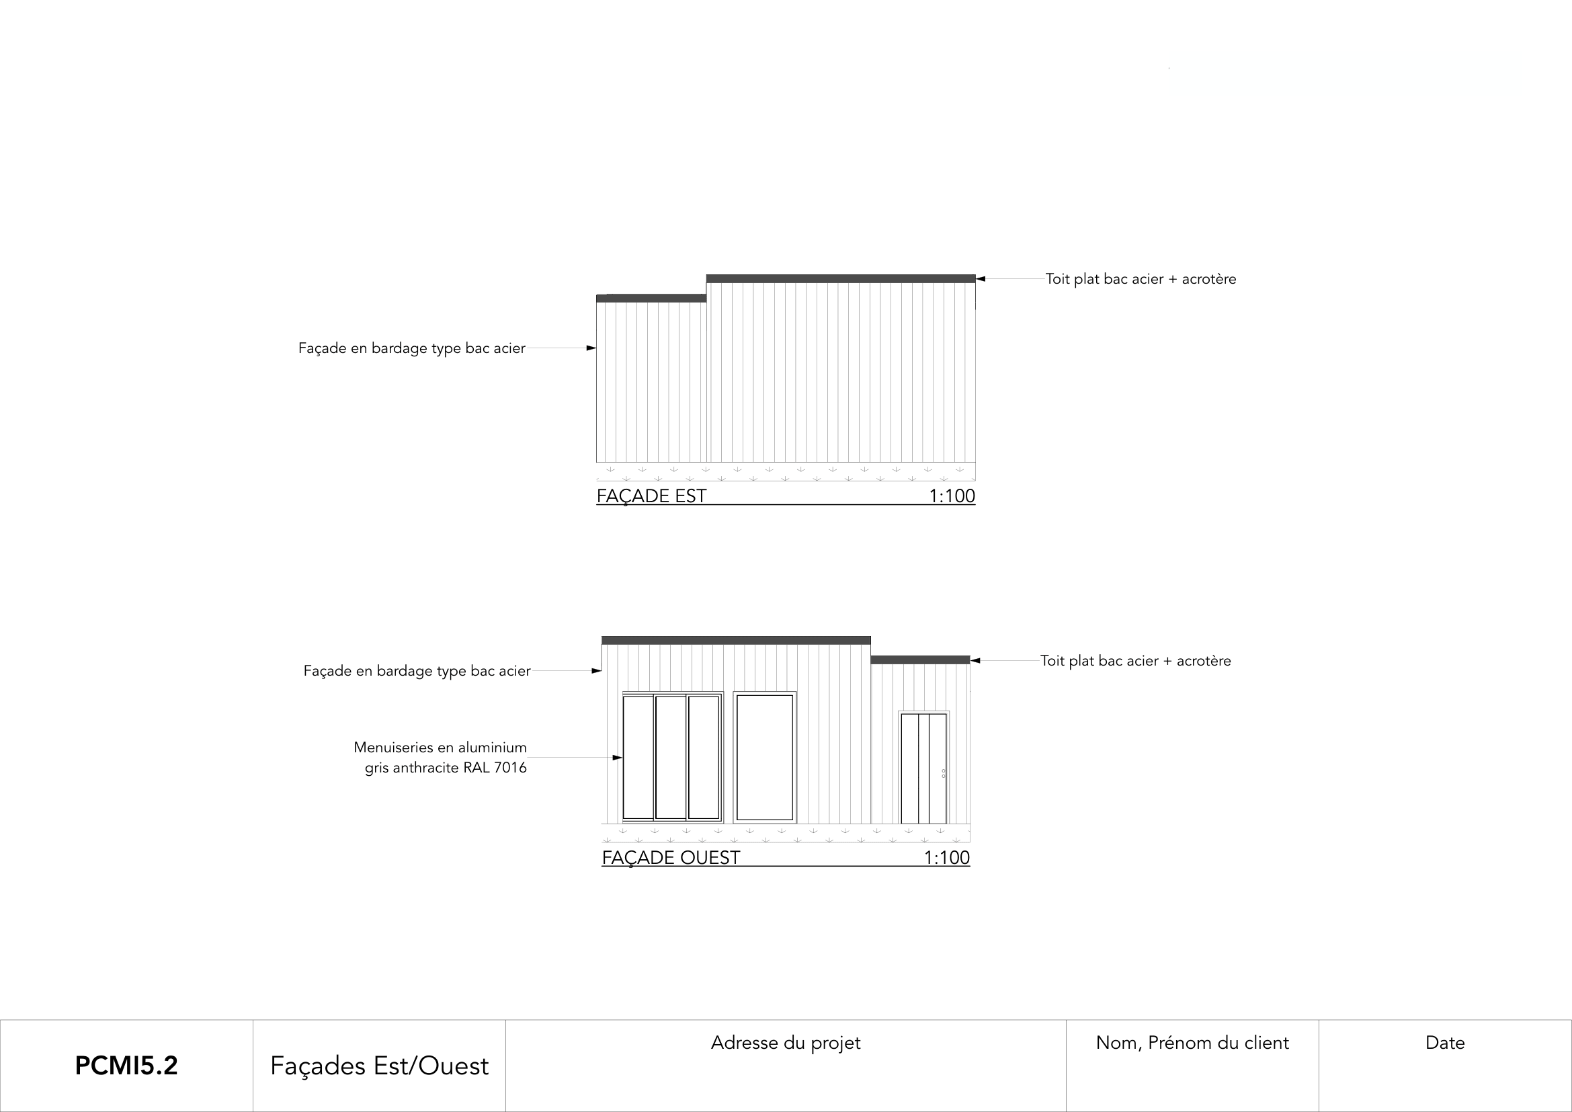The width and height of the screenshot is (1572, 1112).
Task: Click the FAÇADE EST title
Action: tap(651, 495)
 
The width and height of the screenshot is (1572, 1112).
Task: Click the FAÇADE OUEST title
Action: tap(670, 857)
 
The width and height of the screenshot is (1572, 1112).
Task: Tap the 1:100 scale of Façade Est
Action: tap(951, 495)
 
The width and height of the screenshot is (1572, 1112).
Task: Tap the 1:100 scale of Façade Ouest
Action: tap(946, 857)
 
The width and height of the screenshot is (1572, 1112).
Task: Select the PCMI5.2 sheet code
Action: tap(126, 1066)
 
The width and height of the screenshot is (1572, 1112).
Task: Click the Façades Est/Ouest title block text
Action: tap(379, 1066)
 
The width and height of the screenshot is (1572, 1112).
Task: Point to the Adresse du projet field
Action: tap(785, 1043)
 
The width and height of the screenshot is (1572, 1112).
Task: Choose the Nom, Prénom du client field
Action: tap(1192, 1043)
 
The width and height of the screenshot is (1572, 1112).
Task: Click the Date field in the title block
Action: tap(1445, 1043)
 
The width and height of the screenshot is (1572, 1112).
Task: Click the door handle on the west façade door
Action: tap(944, 774)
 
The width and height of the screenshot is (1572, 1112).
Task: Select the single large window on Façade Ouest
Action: tap(764, 757)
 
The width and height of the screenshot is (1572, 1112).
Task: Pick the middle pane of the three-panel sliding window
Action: tap(670, 757)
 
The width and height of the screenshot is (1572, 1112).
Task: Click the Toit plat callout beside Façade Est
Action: tap(1140, 279)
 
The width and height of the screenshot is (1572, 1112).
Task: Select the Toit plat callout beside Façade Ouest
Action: tap(1135, 661)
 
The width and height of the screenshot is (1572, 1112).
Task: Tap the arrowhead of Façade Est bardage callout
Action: tap(591, 348)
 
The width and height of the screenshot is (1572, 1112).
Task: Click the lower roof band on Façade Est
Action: tap(651, 299)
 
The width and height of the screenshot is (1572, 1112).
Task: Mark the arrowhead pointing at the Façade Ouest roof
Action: tap(976, 661)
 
